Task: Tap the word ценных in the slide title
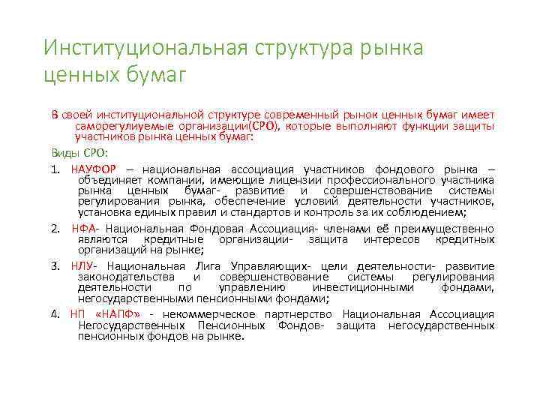pyautogui.click(x=82, y=75)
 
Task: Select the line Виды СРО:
pyautogui.click(x=79, y=153)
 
